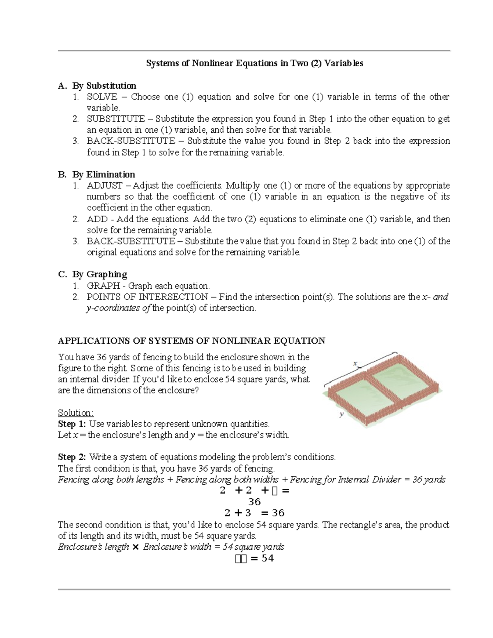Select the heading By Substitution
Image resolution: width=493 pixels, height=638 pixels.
click(x=104, y=85)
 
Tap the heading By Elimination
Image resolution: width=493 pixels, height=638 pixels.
click(x=104, y=175)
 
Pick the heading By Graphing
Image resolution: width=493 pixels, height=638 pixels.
click(x=99, y=274)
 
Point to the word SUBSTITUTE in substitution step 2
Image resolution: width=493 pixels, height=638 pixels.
click(x=115, y=119)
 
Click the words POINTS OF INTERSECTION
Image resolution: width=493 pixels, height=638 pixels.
click(x=147, y=297)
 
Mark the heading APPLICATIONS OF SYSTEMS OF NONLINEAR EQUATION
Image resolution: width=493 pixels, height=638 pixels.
click(x=191, y=341)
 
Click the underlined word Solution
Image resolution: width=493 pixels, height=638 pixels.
click(x=76, y=413)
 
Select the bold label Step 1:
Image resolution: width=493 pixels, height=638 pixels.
click(x=72, y=424)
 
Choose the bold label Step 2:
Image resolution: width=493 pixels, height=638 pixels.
click(x=72, y=457)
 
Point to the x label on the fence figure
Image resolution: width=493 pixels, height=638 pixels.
click(x=355, y=363)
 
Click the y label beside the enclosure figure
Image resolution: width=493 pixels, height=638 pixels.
click(x=341, y=415)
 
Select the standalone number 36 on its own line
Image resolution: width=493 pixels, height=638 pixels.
click(x=254, y=502)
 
